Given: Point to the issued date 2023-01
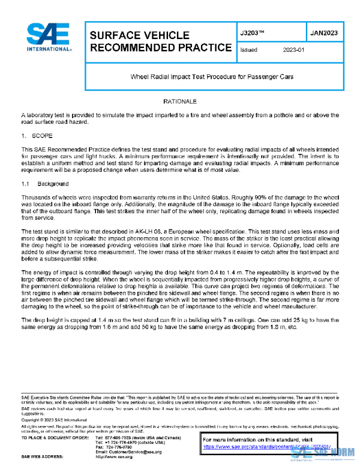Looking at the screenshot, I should point(294,50).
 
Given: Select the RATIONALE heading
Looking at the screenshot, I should point(180,101).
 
